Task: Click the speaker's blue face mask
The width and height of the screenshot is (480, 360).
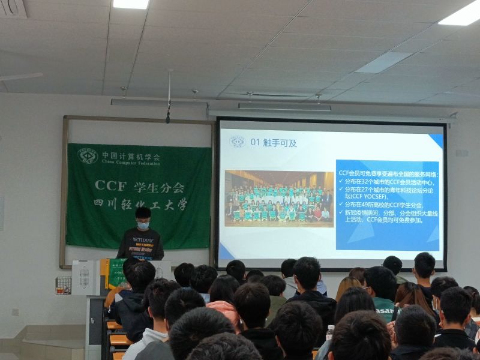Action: (x=143, y=226)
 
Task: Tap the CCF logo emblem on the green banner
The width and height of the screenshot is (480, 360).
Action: (x=88, y=156)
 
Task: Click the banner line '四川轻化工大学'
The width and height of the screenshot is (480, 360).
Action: (x=141, y=204)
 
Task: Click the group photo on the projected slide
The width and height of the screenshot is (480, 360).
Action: (x=279, y=199)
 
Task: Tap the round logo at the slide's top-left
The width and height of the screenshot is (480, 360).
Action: (x=237, y=142)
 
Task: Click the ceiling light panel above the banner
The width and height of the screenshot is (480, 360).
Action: (x=131, y=4)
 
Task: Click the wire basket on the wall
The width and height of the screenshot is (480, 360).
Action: (x=63, y=286)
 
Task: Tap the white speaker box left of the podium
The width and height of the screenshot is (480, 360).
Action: (x=86, y=277)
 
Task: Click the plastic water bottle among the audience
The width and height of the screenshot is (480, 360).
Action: (x=329, y=332)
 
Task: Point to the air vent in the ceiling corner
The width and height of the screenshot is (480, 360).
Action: (x=13, y=8)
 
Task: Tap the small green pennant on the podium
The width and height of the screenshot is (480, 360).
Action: (x=115, y=273)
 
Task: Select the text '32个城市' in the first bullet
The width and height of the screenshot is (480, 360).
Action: (x=372, y=181)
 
